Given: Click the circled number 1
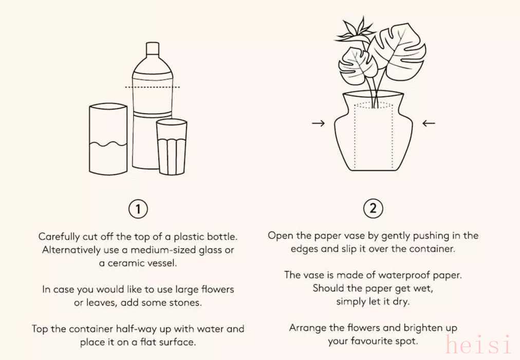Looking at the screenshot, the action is tap(138, 209).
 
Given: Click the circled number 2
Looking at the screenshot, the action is tap(373, 208).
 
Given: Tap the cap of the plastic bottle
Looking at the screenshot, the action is tap(153, 48).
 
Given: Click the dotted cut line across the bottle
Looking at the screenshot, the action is tap(153, 87).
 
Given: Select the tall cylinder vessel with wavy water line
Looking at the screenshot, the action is tap(108, 139).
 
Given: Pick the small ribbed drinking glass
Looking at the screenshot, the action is tap(172, 147).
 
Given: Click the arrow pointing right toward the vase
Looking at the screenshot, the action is tap(319, 123).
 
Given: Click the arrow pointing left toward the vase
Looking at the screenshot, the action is tap(429, 123).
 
